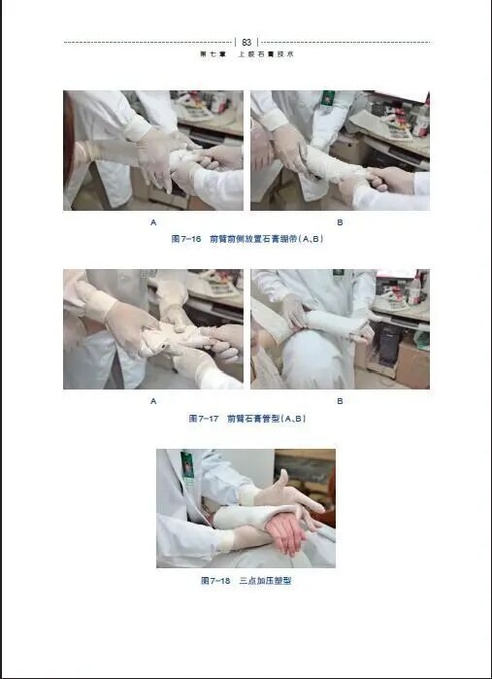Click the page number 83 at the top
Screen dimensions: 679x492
pos(246,42)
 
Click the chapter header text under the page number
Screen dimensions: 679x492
pos(246,55)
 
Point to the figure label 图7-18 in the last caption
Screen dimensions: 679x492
pos(214,580)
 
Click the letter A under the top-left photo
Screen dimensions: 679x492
pos(152,221)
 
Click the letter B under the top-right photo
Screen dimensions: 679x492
pos(340,221)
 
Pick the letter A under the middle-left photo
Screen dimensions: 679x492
pos(152,400)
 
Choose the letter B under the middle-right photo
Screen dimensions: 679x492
pos(340,400)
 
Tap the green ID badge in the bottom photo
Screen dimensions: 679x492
pos(187,465)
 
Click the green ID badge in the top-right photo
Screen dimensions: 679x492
pos(328,98)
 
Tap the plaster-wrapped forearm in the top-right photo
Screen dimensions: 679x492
pos(330,165)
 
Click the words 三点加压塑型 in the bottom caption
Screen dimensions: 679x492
pos(265,580)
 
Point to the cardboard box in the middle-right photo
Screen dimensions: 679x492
pos(412,364)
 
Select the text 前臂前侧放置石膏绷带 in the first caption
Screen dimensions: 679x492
pos(248,238)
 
